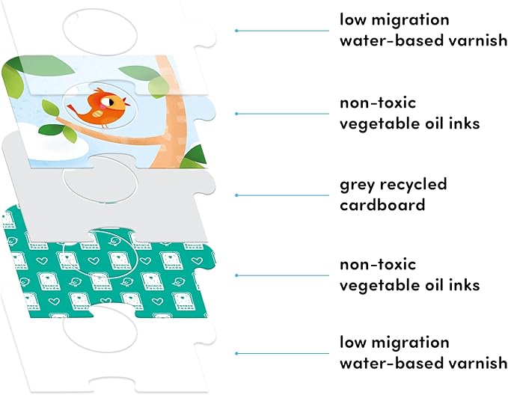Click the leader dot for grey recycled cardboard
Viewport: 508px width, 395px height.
[236, 195]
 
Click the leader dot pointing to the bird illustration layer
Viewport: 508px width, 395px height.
[236, 113]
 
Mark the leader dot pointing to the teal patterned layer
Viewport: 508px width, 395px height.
[236, 275]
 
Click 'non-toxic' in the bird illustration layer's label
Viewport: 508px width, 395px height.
[378, 102]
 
